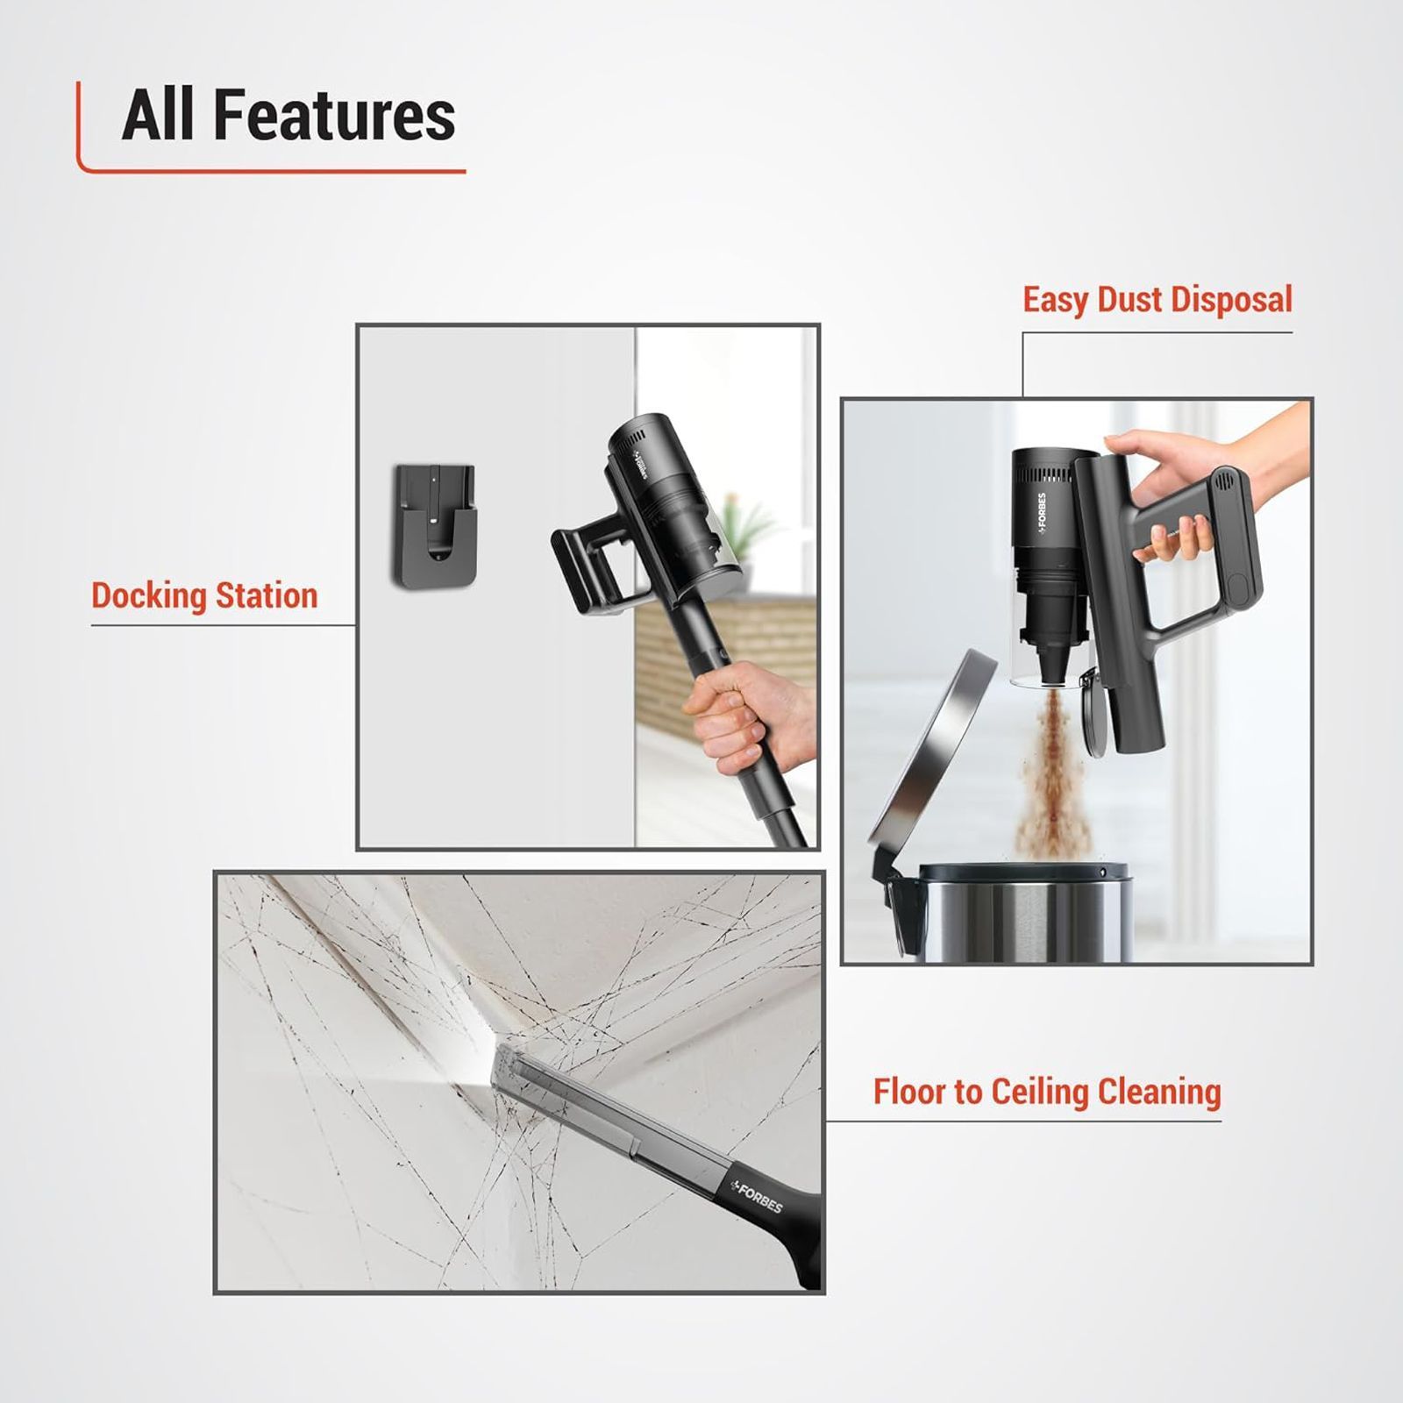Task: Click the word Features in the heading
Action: point(334,116)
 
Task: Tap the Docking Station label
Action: point(204,595)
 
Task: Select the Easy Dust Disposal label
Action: point(1157,300)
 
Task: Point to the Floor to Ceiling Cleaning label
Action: point(1046,1092)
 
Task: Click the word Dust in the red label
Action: point(1131,300)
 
